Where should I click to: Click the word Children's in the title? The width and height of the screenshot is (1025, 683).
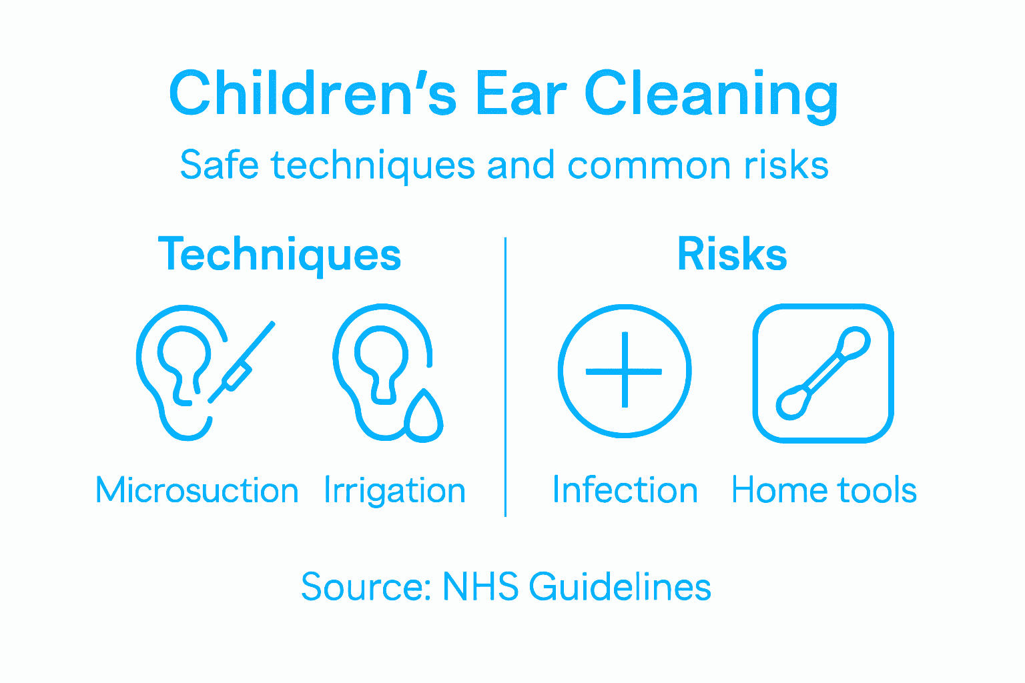point(312,93)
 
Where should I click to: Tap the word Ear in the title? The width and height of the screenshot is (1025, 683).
point(520,93)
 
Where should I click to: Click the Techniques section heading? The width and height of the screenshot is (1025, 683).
point(280,255)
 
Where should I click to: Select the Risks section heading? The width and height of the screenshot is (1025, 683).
point(732,255)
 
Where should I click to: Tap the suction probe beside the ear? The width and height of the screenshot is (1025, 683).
point(240,364)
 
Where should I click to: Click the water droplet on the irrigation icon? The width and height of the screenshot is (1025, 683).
point(423,416)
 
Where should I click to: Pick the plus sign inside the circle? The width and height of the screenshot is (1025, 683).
point(624,371)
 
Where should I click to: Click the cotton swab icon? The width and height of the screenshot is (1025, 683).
point(823,373)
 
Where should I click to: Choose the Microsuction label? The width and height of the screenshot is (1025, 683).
point(197,491)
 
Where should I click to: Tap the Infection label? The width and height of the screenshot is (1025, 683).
point(625,491)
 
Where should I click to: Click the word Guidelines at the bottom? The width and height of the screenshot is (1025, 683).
point(620,587)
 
